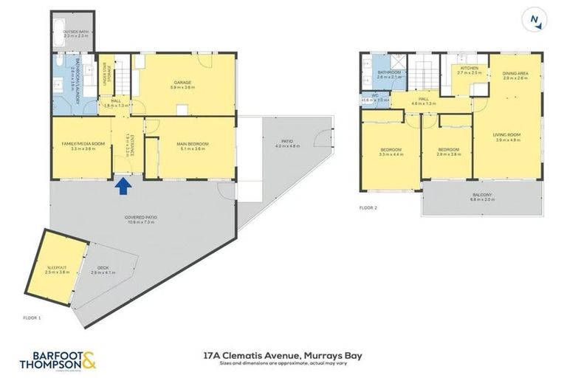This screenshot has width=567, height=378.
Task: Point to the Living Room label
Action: (508, 137)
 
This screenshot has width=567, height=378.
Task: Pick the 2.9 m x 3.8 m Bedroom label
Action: (448, 151)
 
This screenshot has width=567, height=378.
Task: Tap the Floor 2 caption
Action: (368, 208)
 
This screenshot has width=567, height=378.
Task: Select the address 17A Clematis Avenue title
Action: (283, 355)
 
